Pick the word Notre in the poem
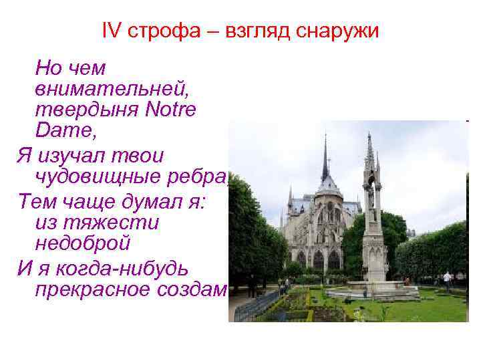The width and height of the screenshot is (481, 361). coord(171,109)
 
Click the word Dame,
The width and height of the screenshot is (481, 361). coord(66,130)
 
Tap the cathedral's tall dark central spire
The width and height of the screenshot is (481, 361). coord(325,160)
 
